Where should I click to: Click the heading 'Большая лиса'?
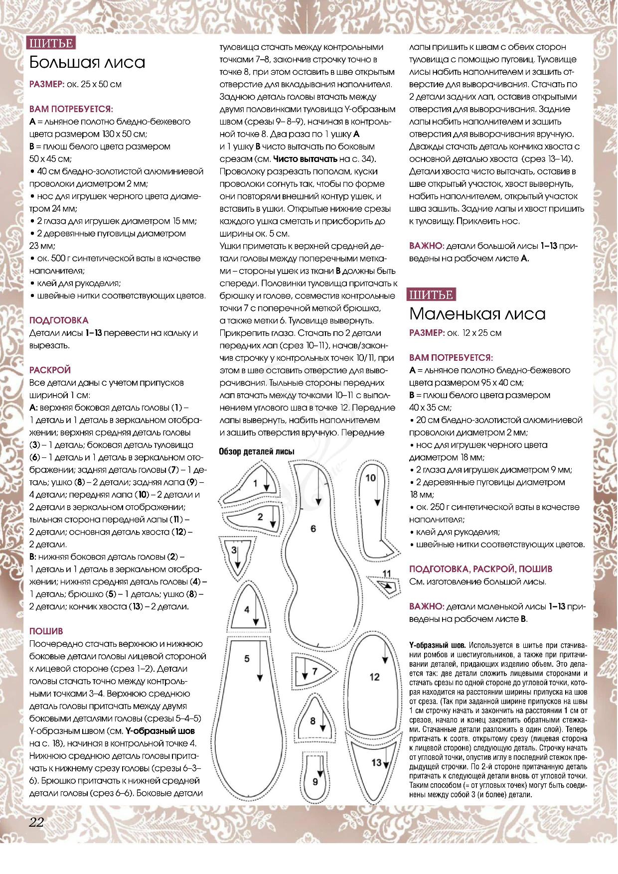pos(87,62)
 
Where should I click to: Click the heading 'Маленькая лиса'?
pos(477,314)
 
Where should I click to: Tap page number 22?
pos(36,822)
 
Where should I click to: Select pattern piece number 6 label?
pos(313,529)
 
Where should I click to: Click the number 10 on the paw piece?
pos(370,478)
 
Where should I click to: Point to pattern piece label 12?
pos(374,677)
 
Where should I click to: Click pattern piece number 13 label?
pos(376,762)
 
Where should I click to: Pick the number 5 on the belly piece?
pos(247,659)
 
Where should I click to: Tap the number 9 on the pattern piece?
pos(315,782)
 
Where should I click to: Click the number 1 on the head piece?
pos(255,483)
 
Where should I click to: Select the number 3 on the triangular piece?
pos(234,550)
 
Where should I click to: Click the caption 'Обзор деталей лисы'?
pos(257,451)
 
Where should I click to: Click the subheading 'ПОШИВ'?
pos(46,631)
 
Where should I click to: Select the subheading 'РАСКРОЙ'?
pos(50,370)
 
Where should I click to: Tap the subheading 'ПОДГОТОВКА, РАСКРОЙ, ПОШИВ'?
pos(480,569)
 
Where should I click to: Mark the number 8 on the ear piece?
pos(312,721)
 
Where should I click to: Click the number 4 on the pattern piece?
pos(247,609)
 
